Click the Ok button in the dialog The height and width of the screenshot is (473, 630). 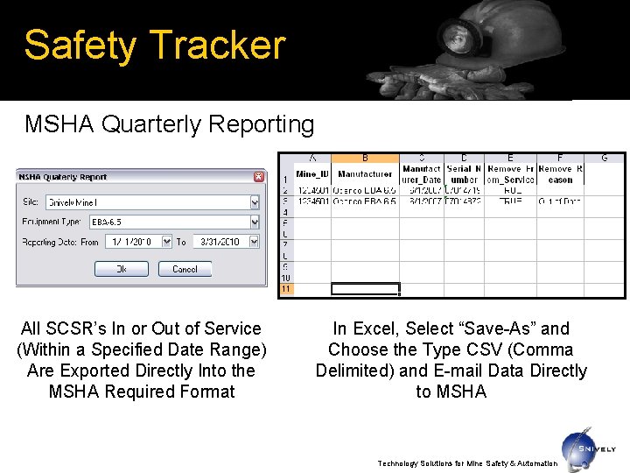[121, 269]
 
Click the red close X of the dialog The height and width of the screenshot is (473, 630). [258, 177]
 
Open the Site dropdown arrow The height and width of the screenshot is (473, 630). [255, 202]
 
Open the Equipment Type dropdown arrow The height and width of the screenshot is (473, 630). [255, 222]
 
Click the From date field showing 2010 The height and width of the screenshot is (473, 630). [131, 242]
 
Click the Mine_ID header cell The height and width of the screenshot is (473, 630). [311, 173]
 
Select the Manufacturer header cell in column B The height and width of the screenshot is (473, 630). [365, 173]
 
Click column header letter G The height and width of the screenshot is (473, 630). [605, 158]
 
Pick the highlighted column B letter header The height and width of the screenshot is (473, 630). [365, 158]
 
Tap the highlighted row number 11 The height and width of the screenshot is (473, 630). [285, 289]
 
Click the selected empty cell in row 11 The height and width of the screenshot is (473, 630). [365, 289]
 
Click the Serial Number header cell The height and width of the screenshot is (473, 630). [464, 173]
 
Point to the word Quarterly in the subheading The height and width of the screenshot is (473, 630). [154, 125]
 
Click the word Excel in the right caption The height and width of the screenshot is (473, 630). [377, 329]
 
